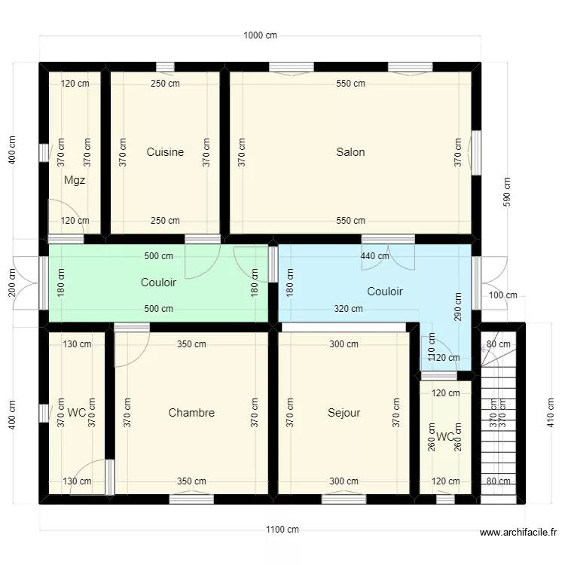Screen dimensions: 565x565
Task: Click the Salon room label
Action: tap(350, 152)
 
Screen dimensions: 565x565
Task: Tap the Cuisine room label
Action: tap(165, 152)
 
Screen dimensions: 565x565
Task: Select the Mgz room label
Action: tap(75, 180)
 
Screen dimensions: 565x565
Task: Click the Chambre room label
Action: tap(191, 413)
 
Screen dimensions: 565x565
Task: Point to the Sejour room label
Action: tap(344, 413)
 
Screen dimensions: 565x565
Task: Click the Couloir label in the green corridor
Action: tap(158, 282)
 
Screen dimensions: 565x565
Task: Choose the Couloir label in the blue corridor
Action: tap(385, 292)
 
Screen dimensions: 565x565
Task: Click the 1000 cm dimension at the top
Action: tap(261, 35)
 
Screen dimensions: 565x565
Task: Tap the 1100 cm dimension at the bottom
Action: tap(282, 530)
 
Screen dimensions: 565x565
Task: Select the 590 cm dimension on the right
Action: tap(507, 191)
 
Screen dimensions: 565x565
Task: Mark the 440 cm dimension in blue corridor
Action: tap(374, 256)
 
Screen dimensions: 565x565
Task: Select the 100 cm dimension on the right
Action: tap(504, 295)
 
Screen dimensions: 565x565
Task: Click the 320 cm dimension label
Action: tap(348, 309)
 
